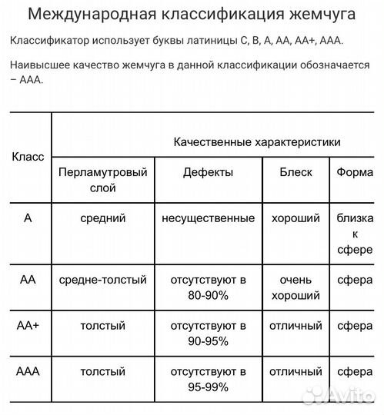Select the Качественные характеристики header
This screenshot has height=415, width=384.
point(257,142)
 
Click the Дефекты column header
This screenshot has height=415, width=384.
point(208,172)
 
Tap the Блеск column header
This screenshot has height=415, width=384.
point(296,172)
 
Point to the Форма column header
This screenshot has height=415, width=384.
point(355,172)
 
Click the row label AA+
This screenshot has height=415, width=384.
point(28,325)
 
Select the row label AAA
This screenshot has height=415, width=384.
point(28,372)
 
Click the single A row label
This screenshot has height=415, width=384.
point(28,218)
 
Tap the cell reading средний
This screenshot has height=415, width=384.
point(103,218)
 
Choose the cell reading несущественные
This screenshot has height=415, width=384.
point(208,218)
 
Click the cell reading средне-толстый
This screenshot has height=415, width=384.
point(103,280)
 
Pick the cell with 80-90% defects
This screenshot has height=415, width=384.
point(208,287)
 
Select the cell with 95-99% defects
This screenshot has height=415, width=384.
point(208,380)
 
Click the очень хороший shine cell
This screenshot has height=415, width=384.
point(296,287)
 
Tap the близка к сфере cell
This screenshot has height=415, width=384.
point(355,234)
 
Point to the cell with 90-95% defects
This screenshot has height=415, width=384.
point(208,334)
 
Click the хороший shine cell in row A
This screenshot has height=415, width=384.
point(296,218)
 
